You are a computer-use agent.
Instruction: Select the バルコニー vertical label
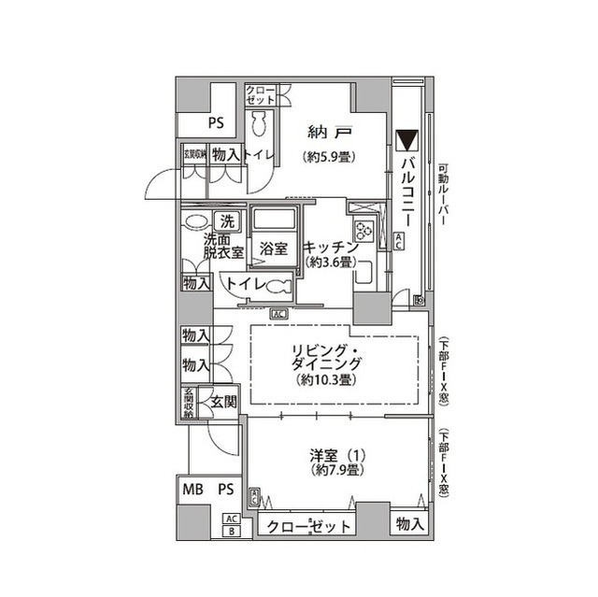[407, 191]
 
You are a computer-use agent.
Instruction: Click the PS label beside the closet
[216, 121]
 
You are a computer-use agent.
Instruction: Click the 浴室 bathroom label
[274, 249]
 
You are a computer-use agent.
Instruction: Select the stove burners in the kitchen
[363, 229]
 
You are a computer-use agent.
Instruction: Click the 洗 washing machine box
[226, 222]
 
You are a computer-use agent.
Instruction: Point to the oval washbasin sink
[196, 222]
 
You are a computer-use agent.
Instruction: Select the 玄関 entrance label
[222, 402]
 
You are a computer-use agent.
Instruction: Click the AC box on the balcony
[399, 242]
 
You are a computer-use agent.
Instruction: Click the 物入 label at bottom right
[408, 524]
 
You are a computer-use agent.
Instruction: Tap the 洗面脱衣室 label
[223, 246]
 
